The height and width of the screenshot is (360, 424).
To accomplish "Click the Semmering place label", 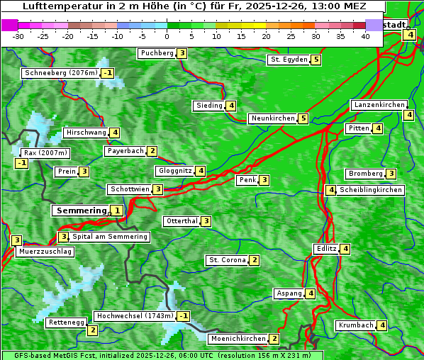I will [81, 210].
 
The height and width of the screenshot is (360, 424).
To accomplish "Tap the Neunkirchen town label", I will [272, 118].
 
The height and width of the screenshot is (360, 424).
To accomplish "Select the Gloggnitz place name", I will [174, 171].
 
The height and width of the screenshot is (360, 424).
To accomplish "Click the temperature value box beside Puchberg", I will [182, 53].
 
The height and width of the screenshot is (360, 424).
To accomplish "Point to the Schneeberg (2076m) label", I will [60, 73].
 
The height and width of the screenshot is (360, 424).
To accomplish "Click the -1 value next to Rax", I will [22, 164].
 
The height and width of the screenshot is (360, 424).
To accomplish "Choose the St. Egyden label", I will [289, 60].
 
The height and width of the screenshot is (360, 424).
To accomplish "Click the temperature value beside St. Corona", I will [254, 260].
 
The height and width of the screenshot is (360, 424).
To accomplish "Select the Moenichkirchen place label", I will [238, 339].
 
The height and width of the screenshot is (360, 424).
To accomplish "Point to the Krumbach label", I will [355, 325].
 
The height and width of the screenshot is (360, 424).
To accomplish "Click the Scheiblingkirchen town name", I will [371, 190].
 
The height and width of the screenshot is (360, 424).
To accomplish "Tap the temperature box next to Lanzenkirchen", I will [409, 115].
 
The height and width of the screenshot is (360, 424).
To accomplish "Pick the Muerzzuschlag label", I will [45, 252].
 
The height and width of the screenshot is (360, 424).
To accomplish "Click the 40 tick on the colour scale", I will [365, 35].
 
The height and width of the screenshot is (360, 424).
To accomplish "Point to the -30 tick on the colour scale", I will [18, 35].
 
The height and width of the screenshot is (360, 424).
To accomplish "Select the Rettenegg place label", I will [67, 322].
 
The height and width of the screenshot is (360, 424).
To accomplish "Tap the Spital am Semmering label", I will [110, 237].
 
